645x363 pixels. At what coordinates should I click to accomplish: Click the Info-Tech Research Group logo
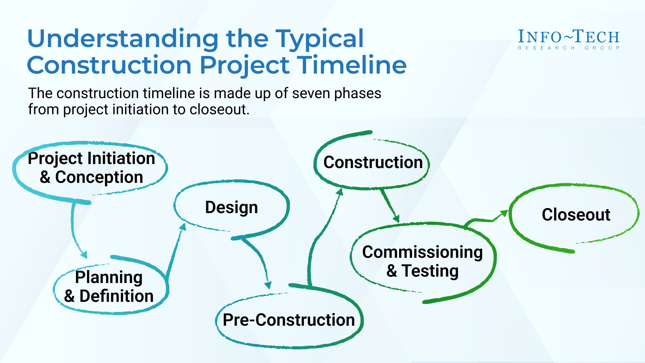[x=568, y=40]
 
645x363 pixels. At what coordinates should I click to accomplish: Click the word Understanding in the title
[x=123, y=38]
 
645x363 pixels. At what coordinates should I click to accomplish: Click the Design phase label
[x=231, y=207]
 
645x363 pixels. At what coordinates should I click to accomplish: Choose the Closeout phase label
[x=576, y=214]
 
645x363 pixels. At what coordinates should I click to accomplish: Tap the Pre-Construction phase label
[x=289, y=320]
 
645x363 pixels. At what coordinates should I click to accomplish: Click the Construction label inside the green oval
[x=373, y=162]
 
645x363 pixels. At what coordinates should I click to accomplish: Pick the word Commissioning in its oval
[x=422, y=252]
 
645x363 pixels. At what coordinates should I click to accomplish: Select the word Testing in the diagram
[x=430, y=271]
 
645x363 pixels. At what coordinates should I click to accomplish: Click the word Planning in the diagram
[x=109, y=278]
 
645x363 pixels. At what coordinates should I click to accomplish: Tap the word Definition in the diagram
[x=116, y=296]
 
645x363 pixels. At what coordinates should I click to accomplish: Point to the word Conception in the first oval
[x=99, y=177]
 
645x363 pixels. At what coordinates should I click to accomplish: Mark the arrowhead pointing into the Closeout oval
[x=504, y=213]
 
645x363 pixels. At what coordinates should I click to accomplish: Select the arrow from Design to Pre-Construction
[x=260, y=259]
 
